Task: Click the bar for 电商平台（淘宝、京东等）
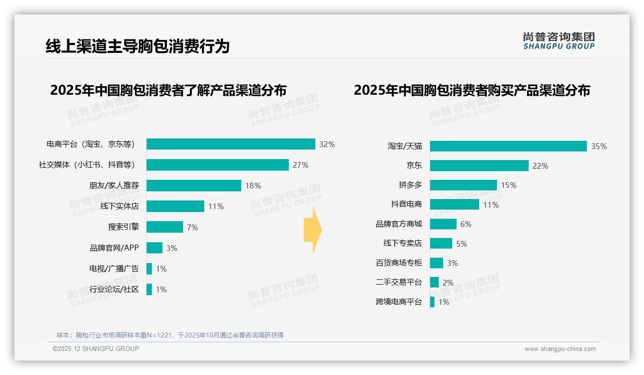tap(231, 144)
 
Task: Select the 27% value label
tap(300, 165)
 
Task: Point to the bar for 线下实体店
tap(175, 206)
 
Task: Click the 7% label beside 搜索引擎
tap(192, 227)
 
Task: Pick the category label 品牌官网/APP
tap(114, 248)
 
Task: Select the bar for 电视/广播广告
tap(149, 269)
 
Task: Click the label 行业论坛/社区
tap(114, 289)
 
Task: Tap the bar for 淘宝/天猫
tap(508, 146)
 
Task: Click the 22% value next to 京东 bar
tap(540, 166)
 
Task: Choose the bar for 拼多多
tap(463, 185)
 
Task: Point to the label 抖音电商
tap(407, 204)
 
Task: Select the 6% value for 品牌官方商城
tap(466, 224)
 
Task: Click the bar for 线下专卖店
tap(441, 243)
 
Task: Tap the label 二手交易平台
tap(399, 282)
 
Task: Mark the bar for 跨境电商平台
tap(433, 302)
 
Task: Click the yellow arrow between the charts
tap(313, 230)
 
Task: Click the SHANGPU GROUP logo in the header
tap(558, 41)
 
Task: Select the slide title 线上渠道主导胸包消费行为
tap(137, 46)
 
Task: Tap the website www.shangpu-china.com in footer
tap(560, 349)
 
